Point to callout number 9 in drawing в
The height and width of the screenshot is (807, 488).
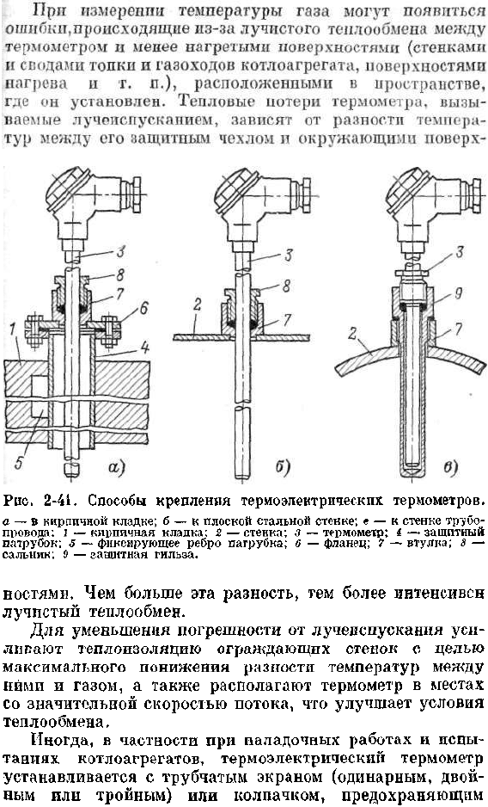(x=459, y=293)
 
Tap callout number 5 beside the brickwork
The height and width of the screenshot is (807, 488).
(x=19, y=463)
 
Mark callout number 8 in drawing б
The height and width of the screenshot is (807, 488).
(x=286, y=286)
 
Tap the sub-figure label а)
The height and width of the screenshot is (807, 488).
(x=117, y=467)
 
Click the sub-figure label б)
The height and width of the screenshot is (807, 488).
(x=283, y=467)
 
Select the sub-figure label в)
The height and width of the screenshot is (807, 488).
(x=450, y=467)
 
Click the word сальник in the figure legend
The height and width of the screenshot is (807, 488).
(x=20, y=555)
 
